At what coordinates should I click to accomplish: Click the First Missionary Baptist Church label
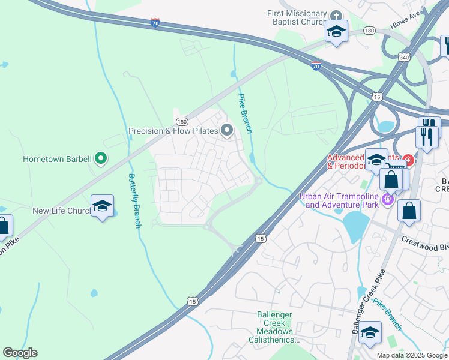(x=298, y=18)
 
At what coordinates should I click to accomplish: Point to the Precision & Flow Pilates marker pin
(x=227, y=130)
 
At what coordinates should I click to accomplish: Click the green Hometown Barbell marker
(x=101, y=159)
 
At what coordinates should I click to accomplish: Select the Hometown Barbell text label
(x=57, y=160)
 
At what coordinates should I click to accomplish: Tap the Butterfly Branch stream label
(x=134, y=200)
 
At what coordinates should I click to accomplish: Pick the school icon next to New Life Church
(x=102, y=206)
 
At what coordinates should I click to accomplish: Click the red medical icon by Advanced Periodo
(x=408, y=160)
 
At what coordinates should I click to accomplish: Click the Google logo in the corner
(x=20, y=353)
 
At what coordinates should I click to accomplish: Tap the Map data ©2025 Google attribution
(x=412, y=355)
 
